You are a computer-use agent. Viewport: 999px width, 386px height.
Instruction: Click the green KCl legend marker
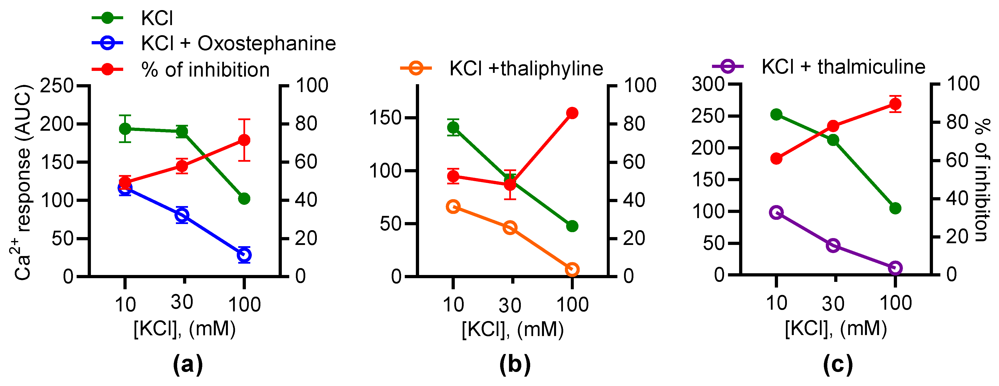tap(107, 18)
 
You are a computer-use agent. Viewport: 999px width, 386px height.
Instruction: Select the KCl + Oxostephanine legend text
tap(238, 43)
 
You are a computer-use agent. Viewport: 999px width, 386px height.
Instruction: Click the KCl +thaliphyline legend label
tap(526, 69)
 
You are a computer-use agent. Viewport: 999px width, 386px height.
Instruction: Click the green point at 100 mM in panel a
tap(244, 199)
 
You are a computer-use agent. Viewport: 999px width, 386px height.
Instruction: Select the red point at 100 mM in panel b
tap(572, 113)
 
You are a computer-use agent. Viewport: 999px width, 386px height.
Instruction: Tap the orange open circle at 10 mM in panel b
tap(453, 207)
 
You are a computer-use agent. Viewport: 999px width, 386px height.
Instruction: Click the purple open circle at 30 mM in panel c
tap(833, 245)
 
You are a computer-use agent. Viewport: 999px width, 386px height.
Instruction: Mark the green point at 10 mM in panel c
tap(776, 114)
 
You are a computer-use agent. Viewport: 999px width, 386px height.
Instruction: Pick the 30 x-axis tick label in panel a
tap(182, 302)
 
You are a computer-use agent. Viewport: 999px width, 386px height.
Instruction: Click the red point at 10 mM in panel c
tap(776, 159)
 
